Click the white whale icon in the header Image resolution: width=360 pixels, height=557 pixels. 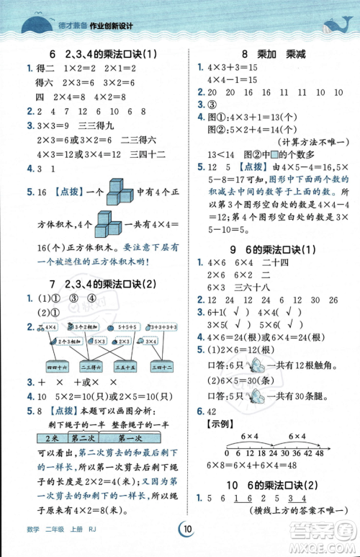coord(333,28)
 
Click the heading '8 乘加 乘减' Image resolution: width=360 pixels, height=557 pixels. coord(269,53)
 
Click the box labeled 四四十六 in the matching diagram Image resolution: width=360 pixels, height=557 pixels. coord(55,366)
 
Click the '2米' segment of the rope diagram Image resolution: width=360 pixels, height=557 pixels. coord(48,438)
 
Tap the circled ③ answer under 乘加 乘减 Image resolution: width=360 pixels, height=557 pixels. coord(212,104)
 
